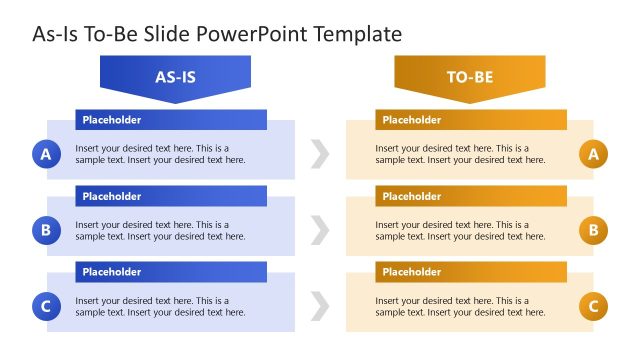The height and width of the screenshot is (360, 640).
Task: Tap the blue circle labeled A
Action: point(45,154)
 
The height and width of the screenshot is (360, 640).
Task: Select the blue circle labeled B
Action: point(45,230)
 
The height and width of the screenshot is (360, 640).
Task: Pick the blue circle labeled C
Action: point(45,307)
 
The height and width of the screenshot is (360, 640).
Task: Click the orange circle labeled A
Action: point(593,154)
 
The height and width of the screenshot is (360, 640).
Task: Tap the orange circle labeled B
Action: point(593,230)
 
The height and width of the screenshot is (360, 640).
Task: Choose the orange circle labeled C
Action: point(593,307)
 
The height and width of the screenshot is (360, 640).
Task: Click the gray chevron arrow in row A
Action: point(320,154)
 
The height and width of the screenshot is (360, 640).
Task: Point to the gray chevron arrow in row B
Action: point(320,230)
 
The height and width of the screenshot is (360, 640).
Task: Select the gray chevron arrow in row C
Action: point(320,307)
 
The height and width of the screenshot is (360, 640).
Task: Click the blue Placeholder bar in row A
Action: point(171,120)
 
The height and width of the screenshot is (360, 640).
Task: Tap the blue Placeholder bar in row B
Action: point(171,196)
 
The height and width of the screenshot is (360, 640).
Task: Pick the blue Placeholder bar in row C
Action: point(171,272)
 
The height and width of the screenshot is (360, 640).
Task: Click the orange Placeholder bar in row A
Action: point(471,120)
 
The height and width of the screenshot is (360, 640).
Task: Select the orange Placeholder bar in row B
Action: point(471,196)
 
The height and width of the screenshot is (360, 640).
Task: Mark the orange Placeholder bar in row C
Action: point(471,272)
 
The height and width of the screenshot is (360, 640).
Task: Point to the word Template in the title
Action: point(357,34)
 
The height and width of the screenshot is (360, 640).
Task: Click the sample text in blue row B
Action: point(160,231)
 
